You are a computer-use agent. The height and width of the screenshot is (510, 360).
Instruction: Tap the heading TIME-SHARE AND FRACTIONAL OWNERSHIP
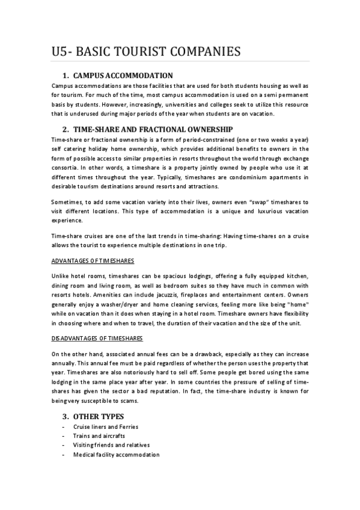coord(153,129)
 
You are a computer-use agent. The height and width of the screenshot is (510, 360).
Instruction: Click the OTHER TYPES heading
coord(99,416)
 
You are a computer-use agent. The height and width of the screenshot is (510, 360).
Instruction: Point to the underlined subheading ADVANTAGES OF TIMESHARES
coord(93,260)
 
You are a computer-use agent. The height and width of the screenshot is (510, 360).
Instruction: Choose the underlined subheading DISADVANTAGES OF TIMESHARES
coord(97,339)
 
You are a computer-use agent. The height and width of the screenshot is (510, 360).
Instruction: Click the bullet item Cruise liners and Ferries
coord(106,426)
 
